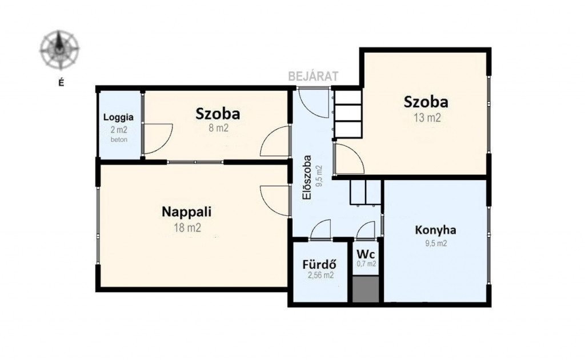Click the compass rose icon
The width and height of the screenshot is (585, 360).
coord(59,50)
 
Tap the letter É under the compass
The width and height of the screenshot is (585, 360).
coord(61,83)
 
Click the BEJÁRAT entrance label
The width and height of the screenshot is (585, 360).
coord(314,76)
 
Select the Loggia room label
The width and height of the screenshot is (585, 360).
coord(118,117)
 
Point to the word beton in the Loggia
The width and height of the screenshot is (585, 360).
coord(119,140)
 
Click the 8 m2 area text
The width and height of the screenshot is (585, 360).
coord(218,129)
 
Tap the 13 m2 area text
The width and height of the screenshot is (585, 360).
coord(427,118)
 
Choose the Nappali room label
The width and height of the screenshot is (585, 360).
coord(187,212)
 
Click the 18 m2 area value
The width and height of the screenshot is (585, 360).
coord(187,227)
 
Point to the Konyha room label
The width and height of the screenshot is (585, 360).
coord(435,230)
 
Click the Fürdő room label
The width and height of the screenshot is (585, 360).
coord(319,264)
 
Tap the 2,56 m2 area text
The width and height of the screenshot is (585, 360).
coord(321,275)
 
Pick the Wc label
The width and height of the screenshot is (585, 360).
coord(366,254)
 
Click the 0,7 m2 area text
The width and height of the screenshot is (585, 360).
coord(366,264)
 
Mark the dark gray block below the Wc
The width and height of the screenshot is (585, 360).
coord(366,289)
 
